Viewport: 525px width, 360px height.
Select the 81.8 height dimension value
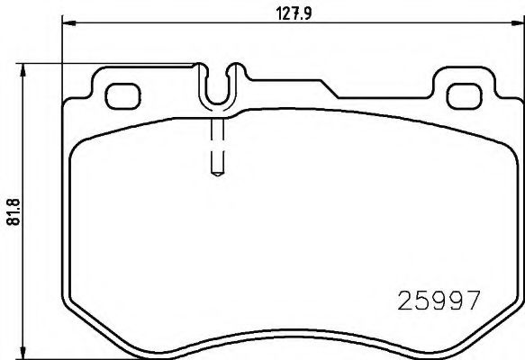14,211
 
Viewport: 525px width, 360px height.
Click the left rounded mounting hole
120,94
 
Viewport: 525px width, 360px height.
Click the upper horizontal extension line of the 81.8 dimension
108,63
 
